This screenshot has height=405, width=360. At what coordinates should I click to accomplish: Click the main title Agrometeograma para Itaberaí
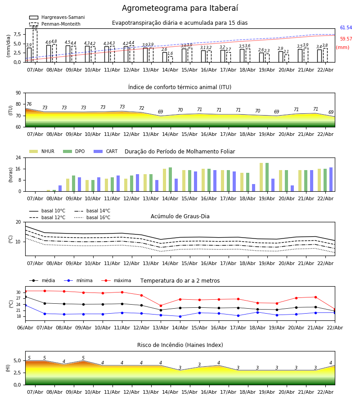(x=180, y=9)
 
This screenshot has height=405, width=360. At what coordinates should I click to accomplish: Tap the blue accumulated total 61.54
(x=346, y=28)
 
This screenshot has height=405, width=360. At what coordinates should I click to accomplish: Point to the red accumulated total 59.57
(x=346, y=39)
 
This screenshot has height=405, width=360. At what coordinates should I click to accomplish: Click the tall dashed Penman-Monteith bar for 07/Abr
(x=35, y=45)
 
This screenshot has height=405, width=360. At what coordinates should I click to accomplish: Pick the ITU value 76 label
(x=29, y=104)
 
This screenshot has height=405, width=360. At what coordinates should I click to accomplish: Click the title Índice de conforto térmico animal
(x=180, y=87)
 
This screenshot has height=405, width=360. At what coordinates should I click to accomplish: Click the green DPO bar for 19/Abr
(x=267, y=177)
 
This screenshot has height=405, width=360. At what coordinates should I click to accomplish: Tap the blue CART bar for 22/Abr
(x=331, y=180)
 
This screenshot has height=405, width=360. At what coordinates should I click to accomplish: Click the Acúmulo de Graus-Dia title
(x=180, y=216)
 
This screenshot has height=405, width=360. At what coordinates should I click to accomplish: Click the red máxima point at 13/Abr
(x=161, y=306)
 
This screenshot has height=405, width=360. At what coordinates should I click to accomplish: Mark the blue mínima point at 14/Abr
(x=180, y=316)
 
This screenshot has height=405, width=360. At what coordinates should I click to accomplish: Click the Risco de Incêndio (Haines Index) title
(x=180, y=345)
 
